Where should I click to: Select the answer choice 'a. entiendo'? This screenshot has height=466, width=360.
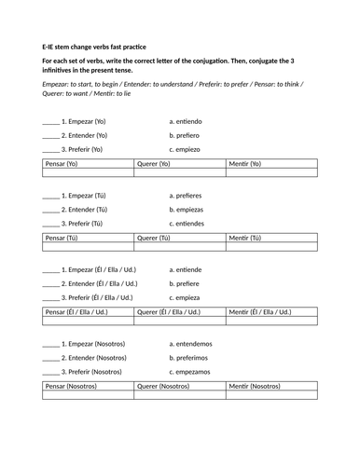click(x=186, y=121)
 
